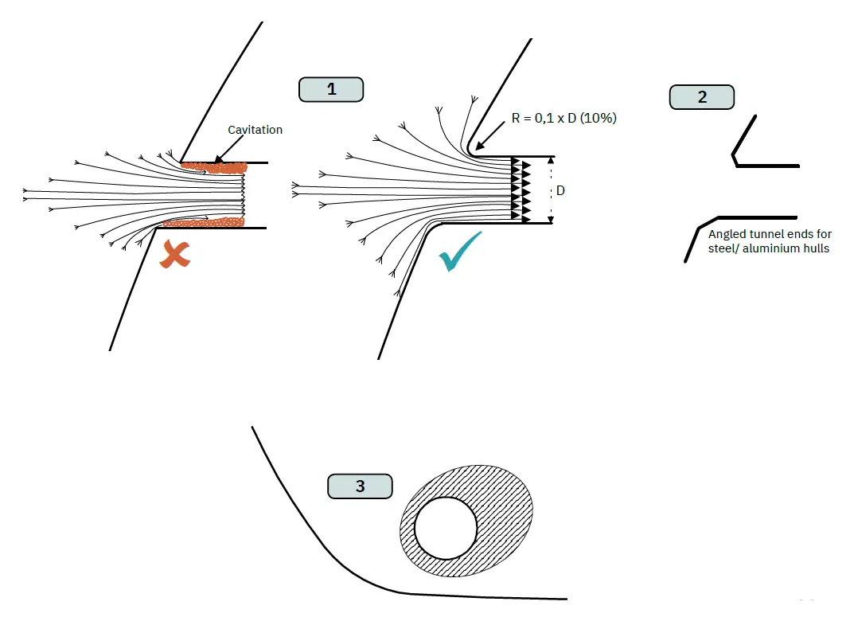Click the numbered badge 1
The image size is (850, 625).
(331, 89)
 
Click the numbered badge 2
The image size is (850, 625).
(701, 97)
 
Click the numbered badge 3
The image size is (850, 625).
(360, 486)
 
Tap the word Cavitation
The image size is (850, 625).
(255, 130)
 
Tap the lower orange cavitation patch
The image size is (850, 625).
(202, 223)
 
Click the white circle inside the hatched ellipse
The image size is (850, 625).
(446, 529)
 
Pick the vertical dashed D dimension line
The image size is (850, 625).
(550, 189)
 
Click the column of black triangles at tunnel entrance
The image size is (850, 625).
(519, 189)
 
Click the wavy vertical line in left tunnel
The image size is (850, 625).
(243, 195)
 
